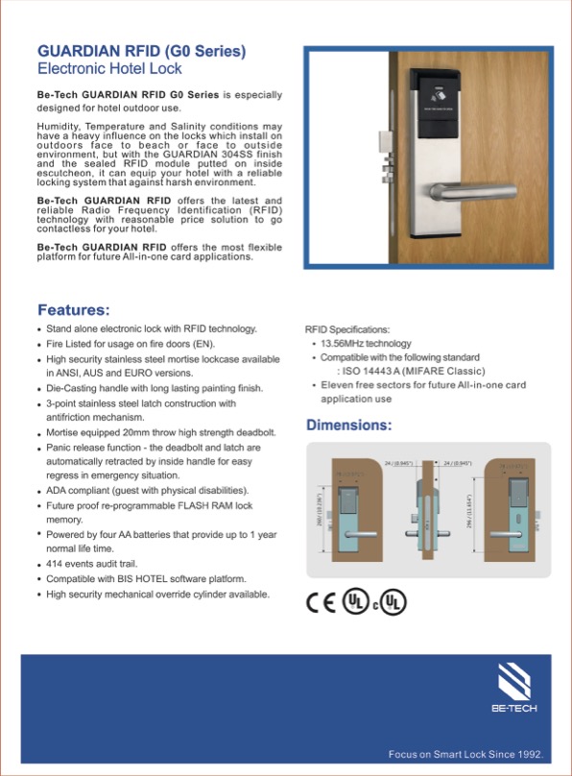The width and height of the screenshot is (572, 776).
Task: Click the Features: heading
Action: pyautogui.click(x=73, y=310)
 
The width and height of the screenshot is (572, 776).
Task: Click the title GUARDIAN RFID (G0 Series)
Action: pyautogui.click(x=141, y=51)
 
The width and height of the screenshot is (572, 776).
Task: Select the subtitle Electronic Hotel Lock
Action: pyautogui.click(x=108, y=69)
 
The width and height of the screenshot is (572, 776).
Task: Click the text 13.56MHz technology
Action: pyautogui.click(x=366, y=344)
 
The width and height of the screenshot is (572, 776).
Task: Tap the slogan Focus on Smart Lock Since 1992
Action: pyautogui.click(x=465, y=754)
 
